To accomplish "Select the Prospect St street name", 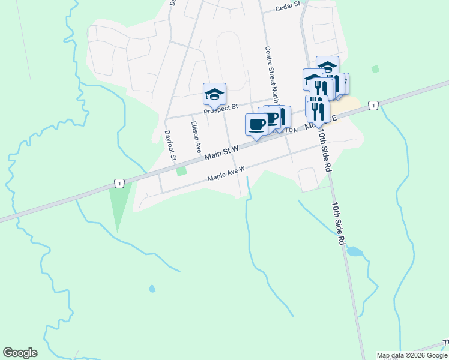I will click(x=220, y=107).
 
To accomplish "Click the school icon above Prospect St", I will click(x=214, y=94).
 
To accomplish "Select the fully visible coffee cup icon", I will click(x=256, y=124).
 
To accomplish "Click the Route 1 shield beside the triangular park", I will click(x=120, y=183).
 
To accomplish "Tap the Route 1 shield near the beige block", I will click(x=373, y=106).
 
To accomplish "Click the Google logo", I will click(x=20, y=353).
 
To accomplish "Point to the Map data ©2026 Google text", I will click(x=412, y=355).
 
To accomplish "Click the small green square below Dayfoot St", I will click(x=181, y=172).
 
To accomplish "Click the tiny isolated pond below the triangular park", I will click(x=152, y=289).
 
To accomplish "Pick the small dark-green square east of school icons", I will click(x=375, y=70).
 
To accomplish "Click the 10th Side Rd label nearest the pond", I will click(x=339, y=222).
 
